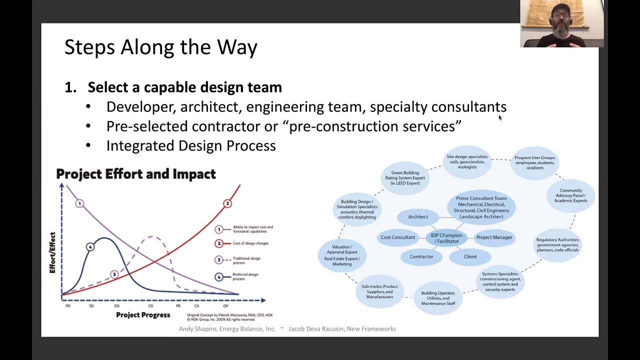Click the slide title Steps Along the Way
[x=160, y=47]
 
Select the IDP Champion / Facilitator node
[x=446, y=238]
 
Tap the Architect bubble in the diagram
[x=418, y=216]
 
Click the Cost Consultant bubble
[x=398, y=237]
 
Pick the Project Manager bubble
[x=494, y=237]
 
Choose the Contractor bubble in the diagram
[x=421, y=256]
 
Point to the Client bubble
[x=470, y=256]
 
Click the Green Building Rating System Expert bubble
[x=405, y=178]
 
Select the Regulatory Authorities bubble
[x=557, y=244]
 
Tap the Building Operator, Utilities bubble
[x=438, y=298]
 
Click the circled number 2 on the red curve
[x=227, y=203]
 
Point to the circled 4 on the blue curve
[x=90, y=246]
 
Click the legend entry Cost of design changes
[x=250, y=243]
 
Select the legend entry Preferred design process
[x=245, y=276]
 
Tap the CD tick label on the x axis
[x=150, y=306]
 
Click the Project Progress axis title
[x=143, y=315]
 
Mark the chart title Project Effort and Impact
[x=136, y=174]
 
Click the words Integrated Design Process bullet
[x=191, y=145]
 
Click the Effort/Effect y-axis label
[x=52, y=252]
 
